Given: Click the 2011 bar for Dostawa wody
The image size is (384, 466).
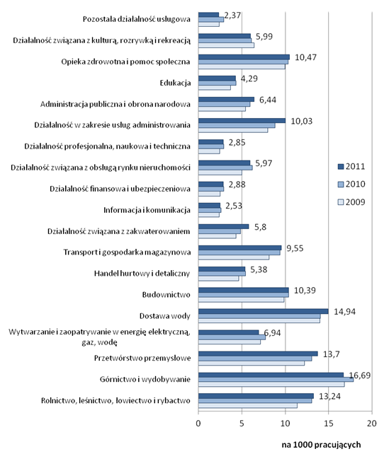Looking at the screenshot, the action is click(263, 311).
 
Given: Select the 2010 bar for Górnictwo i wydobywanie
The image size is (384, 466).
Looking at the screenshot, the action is click(276, 380).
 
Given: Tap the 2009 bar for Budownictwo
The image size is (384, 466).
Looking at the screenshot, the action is click(241, 300).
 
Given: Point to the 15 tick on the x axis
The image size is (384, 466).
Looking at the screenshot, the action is click(328, 423).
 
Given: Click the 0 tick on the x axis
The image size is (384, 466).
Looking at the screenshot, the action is click(198, 423).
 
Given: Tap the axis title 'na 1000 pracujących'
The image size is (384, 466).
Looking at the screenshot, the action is click(321, 445).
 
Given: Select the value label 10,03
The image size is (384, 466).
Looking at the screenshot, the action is click(302, 121).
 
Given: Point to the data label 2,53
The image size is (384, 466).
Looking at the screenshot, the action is click(234, 206).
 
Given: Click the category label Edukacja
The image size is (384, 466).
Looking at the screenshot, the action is click(175, 83).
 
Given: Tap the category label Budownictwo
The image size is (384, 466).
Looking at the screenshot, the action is click(166, 294).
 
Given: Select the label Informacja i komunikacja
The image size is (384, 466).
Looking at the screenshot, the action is click(147, 210).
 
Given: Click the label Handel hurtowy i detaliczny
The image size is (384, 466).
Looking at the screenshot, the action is click(142, 274).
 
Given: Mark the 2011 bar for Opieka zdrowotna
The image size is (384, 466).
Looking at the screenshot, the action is click(244, 57).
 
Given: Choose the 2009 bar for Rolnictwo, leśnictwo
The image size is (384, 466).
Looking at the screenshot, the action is click(248, 406).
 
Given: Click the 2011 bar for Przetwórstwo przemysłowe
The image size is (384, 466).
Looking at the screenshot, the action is click(258, 354).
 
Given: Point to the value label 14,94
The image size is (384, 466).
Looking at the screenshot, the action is click(345, 312).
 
